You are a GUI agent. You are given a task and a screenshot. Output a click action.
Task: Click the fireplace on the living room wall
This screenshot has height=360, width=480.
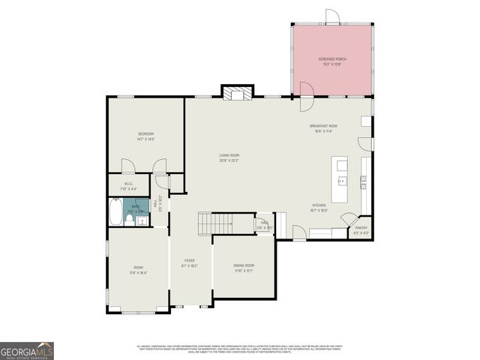pos(236,93)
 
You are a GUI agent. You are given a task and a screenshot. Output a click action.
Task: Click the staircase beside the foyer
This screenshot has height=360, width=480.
pos(216,223)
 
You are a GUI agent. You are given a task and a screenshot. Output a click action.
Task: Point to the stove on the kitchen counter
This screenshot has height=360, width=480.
pos(364,181)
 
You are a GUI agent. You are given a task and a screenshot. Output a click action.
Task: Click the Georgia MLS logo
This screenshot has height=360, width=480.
pos(27,350)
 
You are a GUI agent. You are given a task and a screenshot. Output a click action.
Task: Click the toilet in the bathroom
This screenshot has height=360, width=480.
pos(130,219)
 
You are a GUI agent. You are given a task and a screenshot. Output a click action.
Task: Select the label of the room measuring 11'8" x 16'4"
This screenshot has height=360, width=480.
pos(138,268)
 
